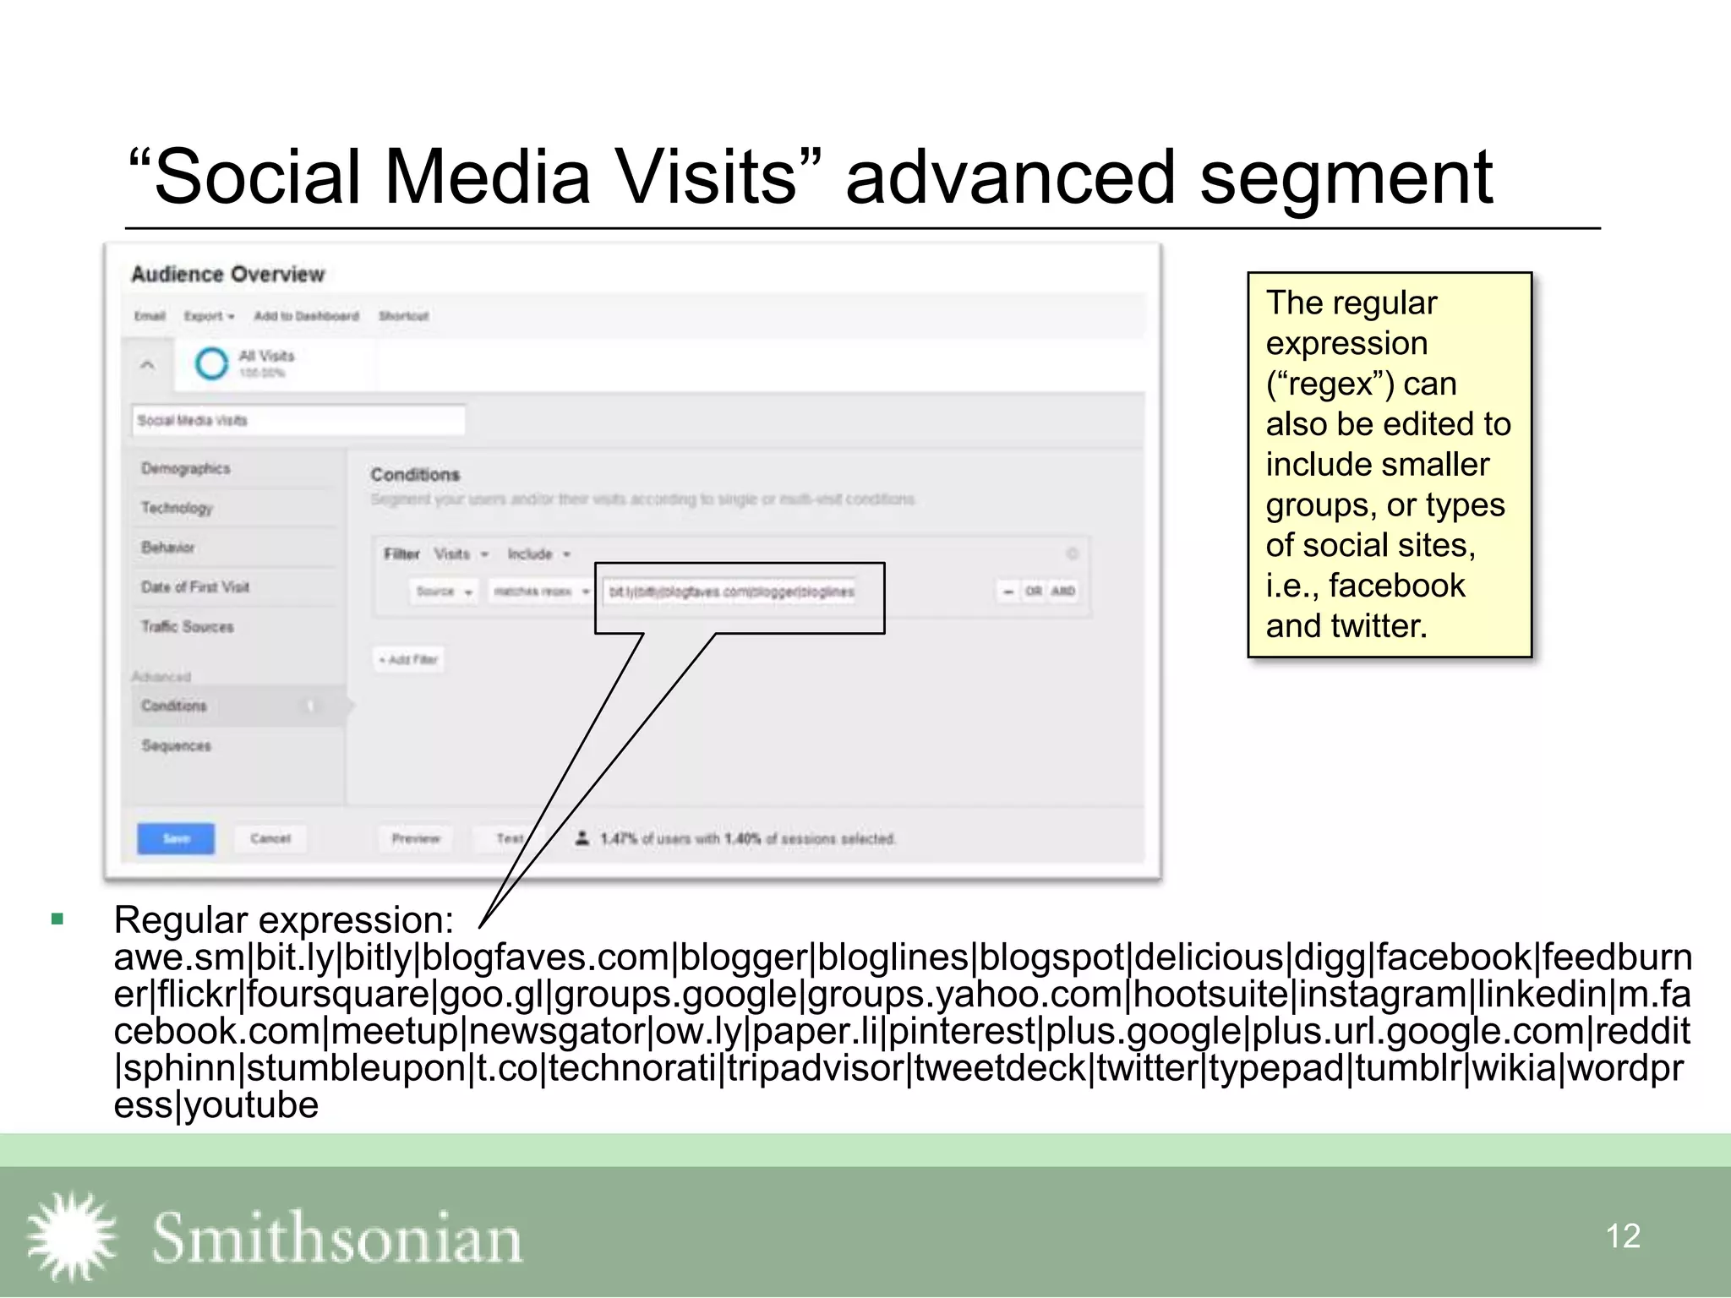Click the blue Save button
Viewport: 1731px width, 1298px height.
coord(176,838)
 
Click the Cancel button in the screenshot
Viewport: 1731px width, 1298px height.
coord(270,838)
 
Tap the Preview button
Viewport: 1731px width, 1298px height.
coord(416,838)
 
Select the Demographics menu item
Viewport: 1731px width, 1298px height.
coord(186,468)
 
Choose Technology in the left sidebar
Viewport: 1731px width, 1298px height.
coord(177,508)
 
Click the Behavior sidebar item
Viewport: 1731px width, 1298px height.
coord(168,548)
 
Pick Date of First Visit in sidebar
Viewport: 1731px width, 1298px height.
coord(195,587)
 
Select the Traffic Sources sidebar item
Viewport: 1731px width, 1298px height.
coord(188,627)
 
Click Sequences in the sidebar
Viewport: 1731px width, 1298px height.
coord(177,745)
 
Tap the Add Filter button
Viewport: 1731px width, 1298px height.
coord(410,659)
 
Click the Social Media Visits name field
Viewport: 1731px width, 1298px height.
coord(298,420)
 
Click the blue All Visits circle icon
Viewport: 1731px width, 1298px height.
coord(211,364)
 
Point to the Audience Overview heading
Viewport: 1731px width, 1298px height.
coord(228,274)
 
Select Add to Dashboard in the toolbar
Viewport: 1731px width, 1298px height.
coord(306,316)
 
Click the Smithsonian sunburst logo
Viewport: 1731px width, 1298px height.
coord(72,1235)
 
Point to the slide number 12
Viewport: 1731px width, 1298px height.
coord(1622,1236)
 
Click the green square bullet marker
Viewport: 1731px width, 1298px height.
coord(57,919)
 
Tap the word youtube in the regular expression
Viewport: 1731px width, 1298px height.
coord(252,1105)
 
